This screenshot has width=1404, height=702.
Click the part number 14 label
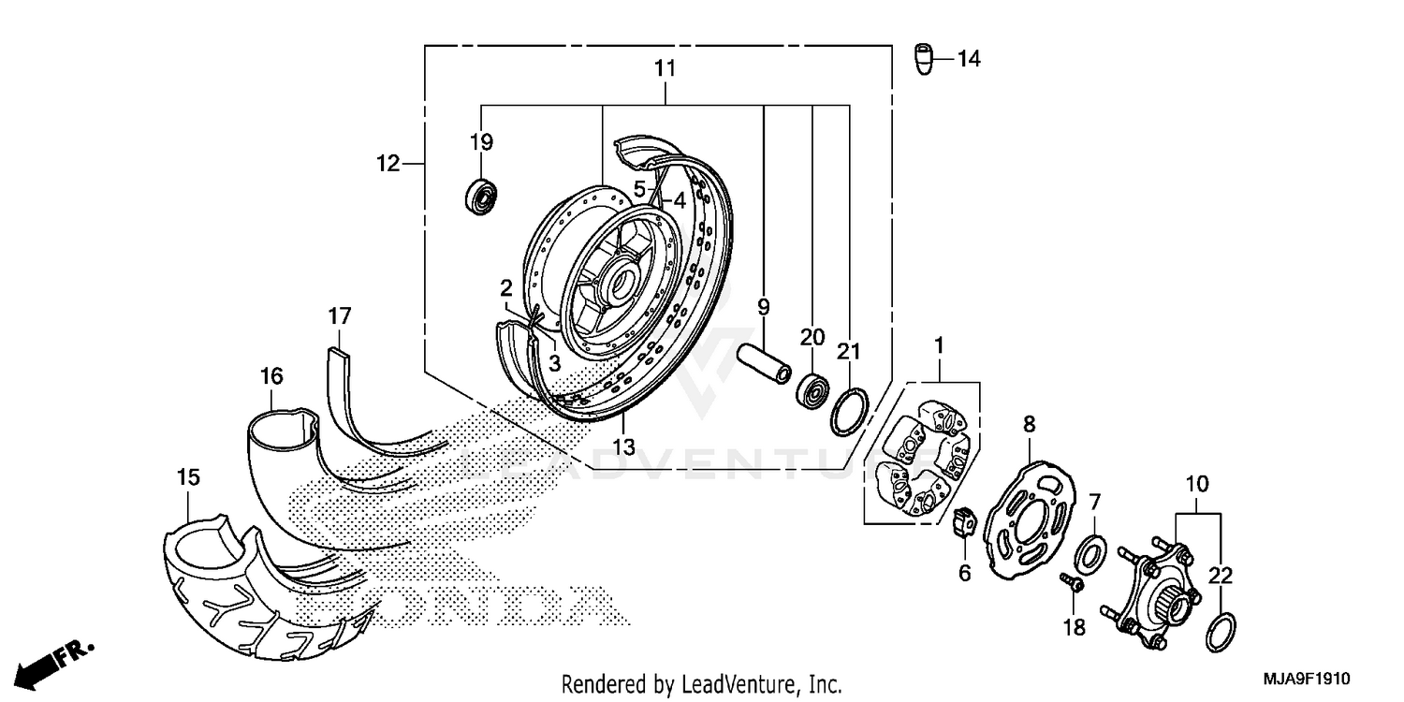click(969, 59)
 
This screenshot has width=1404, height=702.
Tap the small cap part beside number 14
click(925, 58)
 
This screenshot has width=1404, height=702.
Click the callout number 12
click(388, 164)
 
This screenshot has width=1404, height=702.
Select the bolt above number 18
click(1072, 584)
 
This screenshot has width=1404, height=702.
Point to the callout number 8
click(1029, 425)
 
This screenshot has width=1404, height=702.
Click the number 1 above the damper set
click(939, 345)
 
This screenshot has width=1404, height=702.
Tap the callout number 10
click(1197, 485)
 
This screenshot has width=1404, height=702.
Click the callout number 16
click(271, 376)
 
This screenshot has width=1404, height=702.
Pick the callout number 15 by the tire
click(188, 477)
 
